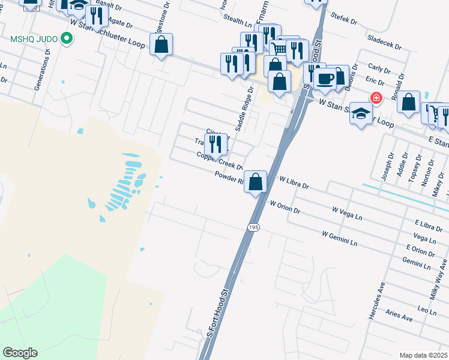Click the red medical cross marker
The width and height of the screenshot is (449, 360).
376,98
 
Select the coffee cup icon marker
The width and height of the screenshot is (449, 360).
325,79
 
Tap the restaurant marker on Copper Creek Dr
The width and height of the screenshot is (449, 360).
215,144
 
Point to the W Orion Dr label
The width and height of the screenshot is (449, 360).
285,208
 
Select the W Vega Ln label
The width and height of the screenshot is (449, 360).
348,212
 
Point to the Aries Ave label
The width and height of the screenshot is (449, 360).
399,316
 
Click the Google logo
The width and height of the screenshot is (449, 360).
20,353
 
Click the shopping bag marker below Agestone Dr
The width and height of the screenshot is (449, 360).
161,44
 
